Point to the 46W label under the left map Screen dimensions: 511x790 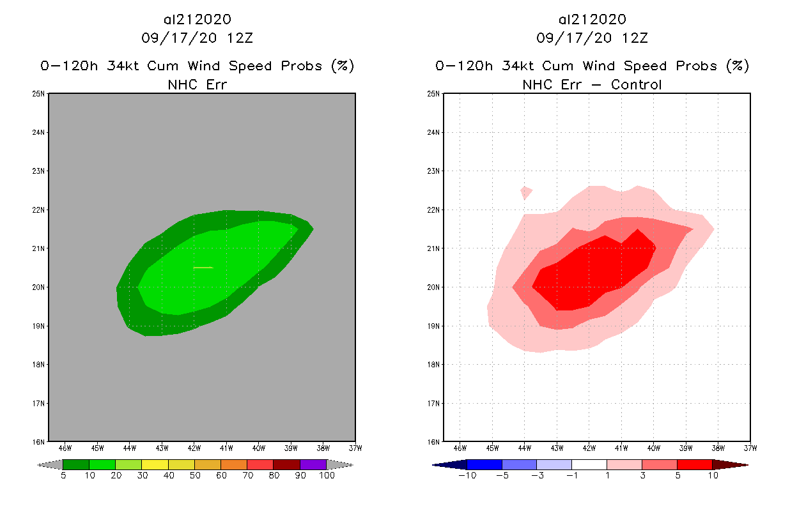pos(65,448)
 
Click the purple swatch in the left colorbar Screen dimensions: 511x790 pos(313,464)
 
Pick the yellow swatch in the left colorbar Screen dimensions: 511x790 pos(155,464)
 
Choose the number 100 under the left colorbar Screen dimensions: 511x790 pos(327,476)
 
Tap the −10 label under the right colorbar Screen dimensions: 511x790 pos(467,476)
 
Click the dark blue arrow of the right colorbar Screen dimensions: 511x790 pos(449,464)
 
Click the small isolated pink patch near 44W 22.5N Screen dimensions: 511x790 pos(526,192)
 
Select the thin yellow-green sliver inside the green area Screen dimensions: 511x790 pos(203,268)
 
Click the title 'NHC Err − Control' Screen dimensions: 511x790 pos(592,84)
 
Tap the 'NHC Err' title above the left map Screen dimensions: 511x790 pos(197,84)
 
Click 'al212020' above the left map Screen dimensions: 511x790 pos(197,20)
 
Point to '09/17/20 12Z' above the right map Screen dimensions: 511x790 pos(592,38)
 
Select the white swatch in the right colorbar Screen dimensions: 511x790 pos(589,464)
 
